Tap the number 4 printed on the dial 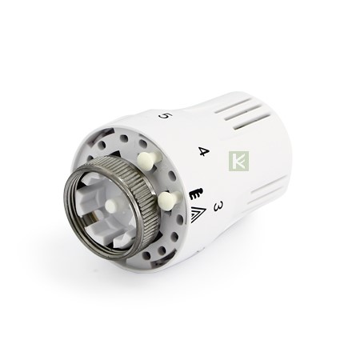click(x=204, y=152)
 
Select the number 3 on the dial click(x=218, y=206)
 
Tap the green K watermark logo click(x=238, y=161)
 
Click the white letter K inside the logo click(x=239, y=161)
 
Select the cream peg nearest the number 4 click(x=149, y=161)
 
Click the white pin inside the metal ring click(x=110, y=206)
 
